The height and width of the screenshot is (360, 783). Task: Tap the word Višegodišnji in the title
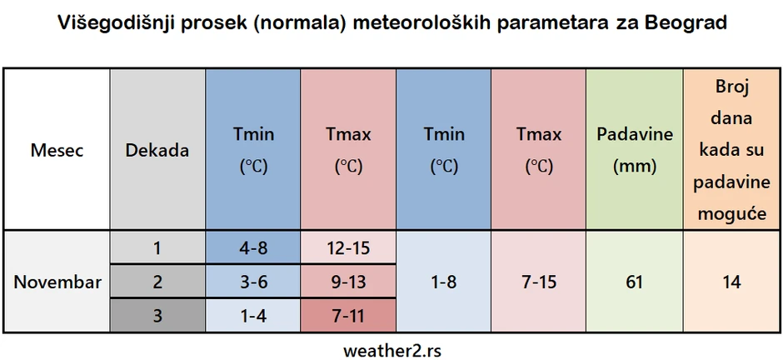115,24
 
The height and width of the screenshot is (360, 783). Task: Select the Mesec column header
57,150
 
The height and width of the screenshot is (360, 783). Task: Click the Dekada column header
157,150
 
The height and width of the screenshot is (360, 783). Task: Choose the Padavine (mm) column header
635,150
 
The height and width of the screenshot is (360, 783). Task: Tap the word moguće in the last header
732,214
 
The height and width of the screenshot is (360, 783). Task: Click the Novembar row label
57,282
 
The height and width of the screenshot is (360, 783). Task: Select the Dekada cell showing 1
157,248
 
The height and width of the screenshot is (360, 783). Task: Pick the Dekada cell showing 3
157,316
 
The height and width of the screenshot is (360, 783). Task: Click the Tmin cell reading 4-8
252,248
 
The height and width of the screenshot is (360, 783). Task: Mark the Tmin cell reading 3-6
252,282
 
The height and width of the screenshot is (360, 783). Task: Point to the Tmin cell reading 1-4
252,316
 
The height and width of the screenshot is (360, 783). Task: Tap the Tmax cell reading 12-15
348,248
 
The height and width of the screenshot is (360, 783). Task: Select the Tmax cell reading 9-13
348,282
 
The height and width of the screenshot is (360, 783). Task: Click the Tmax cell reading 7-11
348,316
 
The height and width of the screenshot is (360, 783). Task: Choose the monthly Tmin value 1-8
443,282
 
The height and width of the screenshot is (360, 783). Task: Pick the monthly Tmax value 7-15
538,282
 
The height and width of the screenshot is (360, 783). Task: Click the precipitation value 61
634,282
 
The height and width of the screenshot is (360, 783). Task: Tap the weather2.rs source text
392,351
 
